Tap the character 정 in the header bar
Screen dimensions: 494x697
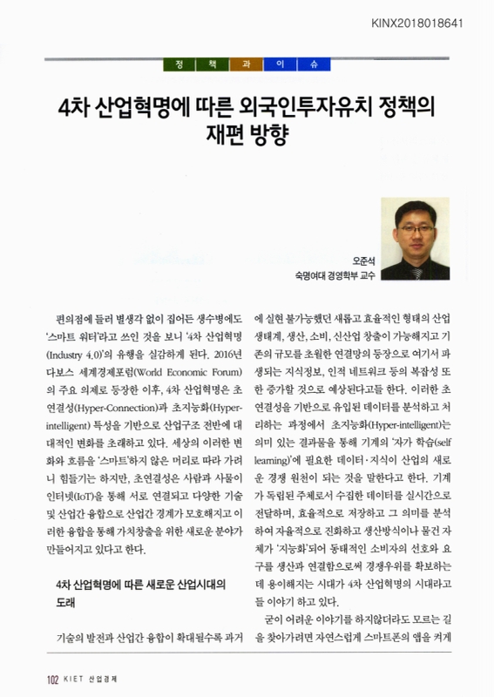(179, 66)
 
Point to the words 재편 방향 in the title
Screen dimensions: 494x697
(246, 136)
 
